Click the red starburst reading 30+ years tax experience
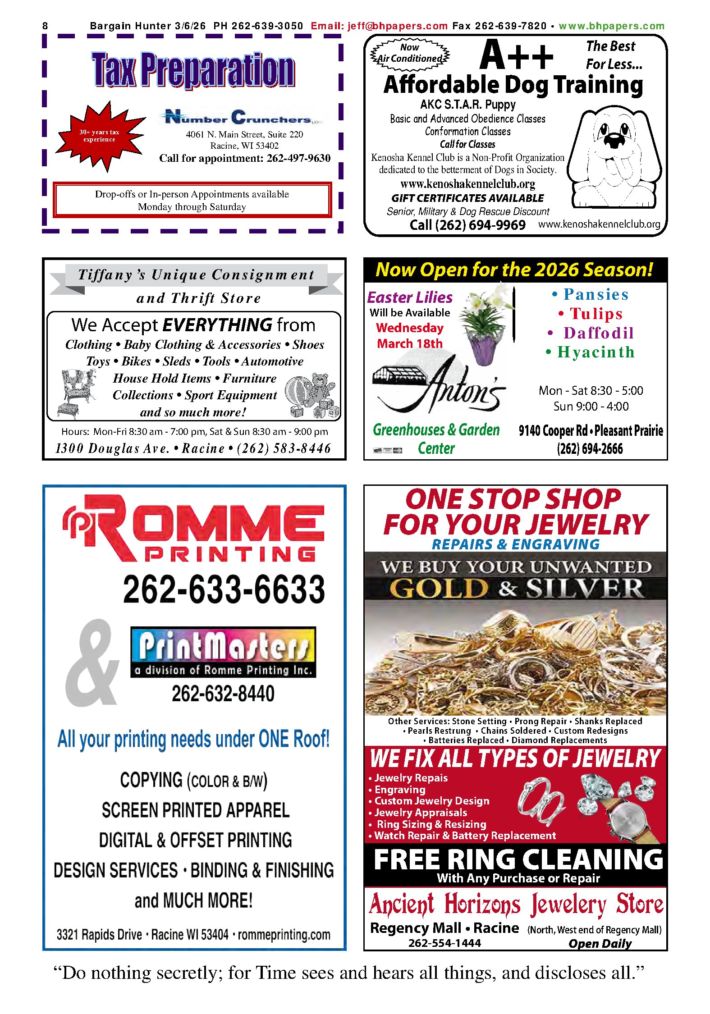pos(100,136)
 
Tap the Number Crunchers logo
pos(242,117)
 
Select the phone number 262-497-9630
pos(298,158)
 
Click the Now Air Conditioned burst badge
pos(409,54)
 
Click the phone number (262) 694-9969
pos(467,225)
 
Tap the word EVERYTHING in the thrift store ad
pos(217,324)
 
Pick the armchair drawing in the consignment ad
pos(77,391)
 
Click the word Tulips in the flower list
pos(596,314)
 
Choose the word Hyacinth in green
pos(595,352)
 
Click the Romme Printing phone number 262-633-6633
pos(224,589)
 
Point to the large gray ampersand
pos(92,662)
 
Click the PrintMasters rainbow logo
pos(223,651)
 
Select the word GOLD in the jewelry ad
pos(438,588)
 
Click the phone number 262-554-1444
pos(444,943)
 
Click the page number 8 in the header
pos(45,26)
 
